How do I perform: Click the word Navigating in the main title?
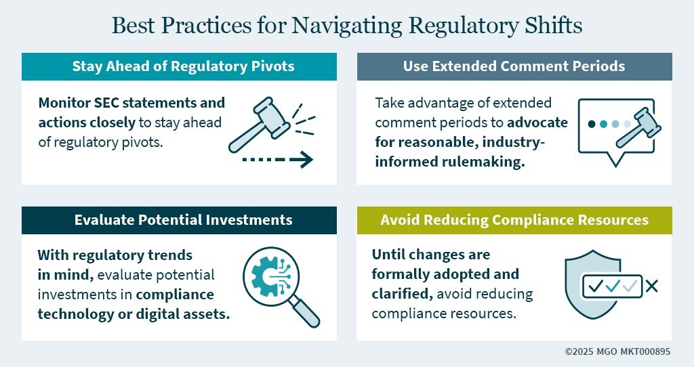(x=346, y=26)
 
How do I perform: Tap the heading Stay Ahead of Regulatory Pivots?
(x=183, y=66)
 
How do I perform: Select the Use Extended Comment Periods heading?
(x=514, y=66)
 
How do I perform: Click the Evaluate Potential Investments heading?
(x=183, y=220)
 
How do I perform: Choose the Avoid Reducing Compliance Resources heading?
(x=514, y=220)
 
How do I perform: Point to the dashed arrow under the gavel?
(x=277, y=159)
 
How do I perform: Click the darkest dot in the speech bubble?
(x=591, y=124)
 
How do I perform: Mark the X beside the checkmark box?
(x=651, y=286)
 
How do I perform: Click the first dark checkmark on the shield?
(x=596, y=286)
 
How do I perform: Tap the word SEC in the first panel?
(x=106, y=102)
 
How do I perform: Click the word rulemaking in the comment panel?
(x=483, y=162)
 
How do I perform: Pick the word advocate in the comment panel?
(x=537, y=123)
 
